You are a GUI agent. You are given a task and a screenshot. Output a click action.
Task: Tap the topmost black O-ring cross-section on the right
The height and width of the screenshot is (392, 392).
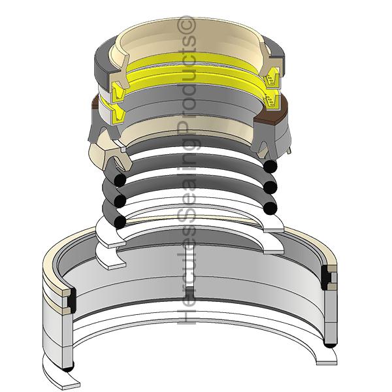(x=270, y=166)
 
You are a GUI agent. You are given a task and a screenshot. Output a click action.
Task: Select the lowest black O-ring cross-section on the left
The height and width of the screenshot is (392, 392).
(x=120, y=221)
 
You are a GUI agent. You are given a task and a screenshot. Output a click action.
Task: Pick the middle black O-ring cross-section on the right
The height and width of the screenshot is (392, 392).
(x=270, y=188)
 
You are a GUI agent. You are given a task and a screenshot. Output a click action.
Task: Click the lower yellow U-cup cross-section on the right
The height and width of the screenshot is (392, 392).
(x=270, y=101)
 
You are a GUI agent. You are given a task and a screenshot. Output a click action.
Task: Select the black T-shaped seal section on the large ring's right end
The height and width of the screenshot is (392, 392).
(x=326, y=278)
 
